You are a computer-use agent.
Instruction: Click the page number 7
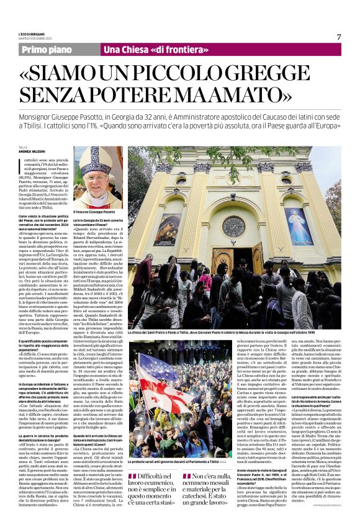coord(339,37)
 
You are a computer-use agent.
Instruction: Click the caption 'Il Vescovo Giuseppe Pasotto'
coord(94,212)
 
